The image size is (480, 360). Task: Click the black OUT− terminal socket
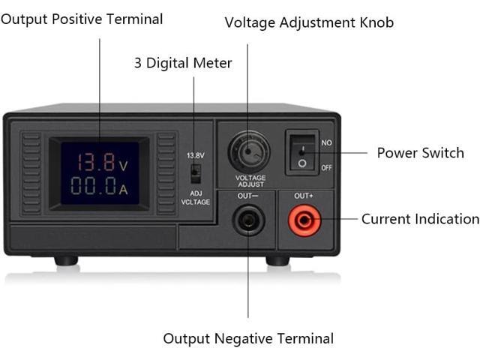pos(247,220)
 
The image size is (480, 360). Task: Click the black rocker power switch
pos(301,153)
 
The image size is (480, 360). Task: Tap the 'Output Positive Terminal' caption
pos(82,19)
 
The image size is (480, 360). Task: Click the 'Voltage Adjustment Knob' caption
pos(309,22)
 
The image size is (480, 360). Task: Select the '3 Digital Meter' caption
pos(183,63)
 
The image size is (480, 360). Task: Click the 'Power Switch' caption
pos(420,153)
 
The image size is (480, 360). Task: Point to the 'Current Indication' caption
pos(420,219)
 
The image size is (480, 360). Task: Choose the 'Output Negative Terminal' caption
pos(248,339)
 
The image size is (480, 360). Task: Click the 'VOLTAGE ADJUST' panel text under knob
pos(250,181)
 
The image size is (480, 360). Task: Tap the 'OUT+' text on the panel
pos(304,196)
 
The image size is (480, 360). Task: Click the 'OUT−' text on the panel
pos(248,196)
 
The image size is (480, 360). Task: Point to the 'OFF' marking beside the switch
pos(326,167)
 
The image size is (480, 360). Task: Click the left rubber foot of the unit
pos(66,260)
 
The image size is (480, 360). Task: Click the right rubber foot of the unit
pos(277,260)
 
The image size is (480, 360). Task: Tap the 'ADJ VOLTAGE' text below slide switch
pos(195,196)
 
